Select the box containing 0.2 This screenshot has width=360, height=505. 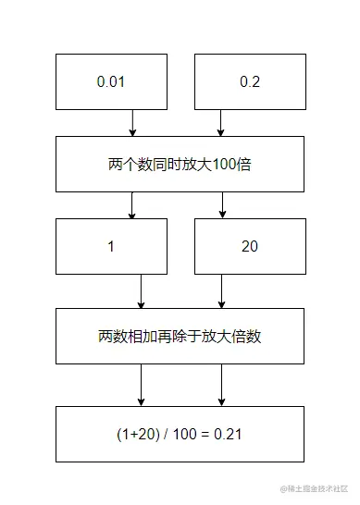tap(249, 81)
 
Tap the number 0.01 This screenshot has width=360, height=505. tap(110, 81)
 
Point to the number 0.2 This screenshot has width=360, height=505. tap(249, 81)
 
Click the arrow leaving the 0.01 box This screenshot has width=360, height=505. tap(132, 122)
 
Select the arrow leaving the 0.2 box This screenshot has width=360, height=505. tap(221, 122)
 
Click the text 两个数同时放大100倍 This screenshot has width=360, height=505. tap(180, 165)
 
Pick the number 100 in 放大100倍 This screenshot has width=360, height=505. tap(225, 165)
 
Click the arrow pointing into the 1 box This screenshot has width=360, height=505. tap(132, 205)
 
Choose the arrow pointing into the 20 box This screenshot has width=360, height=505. tap(221, 205)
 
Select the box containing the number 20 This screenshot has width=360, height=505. tap(249, 247)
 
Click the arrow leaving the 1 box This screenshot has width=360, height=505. tap(141, 291)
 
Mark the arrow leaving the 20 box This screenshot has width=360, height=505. tap(221, 291)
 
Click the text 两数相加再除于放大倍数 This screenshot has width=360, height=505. tap(180, 337)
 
